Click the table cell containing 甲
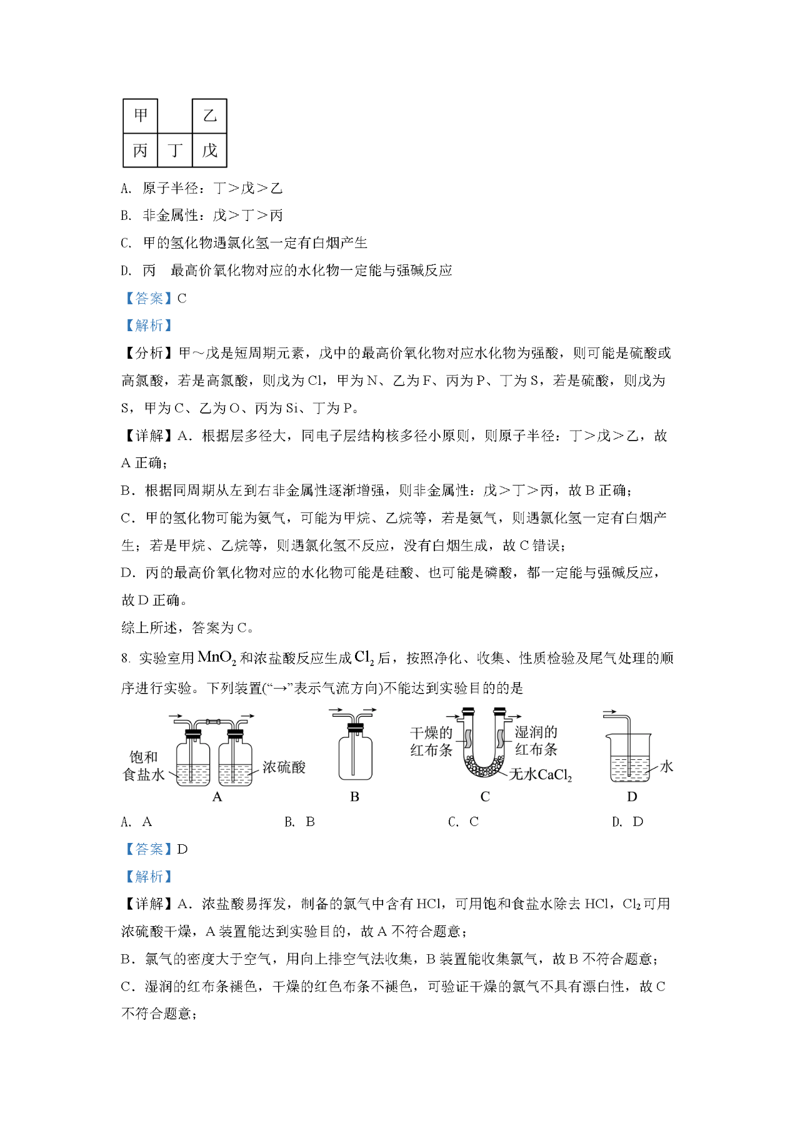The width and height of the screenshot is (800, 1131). (141, 116)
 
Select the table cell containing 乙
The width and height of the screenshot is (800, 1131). (209, 116)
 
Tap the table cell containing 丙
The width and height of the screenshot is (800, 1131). (141, 150)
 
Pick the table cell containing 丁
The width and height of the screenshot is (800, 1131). (175, 150)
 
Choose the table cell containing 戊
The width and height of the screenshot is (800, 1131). (209, 150)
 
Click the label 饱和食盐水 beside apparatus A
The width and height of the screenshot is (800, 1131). (144, 766)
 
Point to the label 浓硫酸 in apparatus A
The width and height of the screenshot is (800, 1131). (284, 767)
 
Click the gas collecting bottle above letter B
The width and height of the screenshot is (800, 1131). (355, 756)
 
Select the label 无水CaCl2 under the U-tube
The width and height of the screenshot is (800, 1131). (541, 775)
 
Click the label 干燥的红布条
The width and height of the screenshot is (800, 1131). (431, 741)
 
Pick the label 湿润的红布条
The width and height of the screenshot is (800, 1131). (536, 740)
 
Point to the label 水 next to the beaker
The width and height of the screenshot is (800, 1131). (666, 766)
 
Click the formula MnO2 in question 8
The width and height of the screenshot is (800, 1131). (216, 658)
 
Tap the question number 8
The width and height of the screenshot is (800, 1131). (125, 659)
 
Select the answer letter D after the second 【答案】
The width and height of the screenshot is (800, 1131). (182, 849)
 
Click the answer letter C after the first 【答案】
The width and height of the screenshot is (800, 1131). (182, 299)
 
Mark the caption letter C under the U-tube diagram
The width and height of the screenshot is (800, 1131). (485, 797)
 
